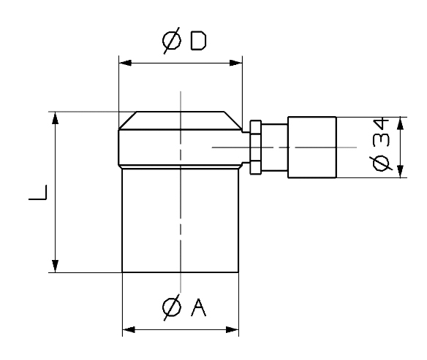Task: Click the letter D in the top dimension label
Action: [x=198, y=41]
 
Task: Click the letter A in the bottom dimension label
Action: [x=198, y=307]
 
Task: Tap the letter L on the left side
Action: [x=38, y=193]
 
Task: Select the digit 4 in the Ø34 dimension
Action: [x=381, y=124]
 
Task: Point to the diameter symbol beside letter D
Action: [x=172, y=41]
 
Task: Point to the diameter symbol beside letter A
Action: [x=172, y=307]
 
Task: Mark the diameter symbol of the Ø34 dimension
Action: [x=381, y=164]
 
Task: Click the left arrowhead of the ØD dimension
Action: [x=125, y=63]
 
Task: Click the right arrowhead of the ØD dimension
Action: [x=236, y=63]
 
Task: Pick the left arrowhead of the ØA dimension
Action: [x=129, y=330]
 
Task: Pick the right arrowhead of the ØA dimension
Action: [x=233, y=330]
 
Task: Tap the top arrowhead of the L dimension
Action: [x=56, y=118]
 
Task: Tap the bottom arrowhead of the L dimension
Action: [x=56, y=266]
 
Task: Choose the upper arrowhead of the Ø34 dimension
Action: [x=400, y=123]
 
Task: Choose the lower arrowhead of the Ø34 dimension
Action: [x=400, y=172]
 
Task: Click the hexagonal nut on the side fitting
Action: [x=255, y=147]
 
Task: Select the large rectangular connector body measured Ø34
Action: [x=312, y=148]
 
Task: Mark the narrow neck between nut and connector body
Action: [x=274, y=148]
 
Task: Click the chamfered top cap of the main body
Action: [x=181, y=120]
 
